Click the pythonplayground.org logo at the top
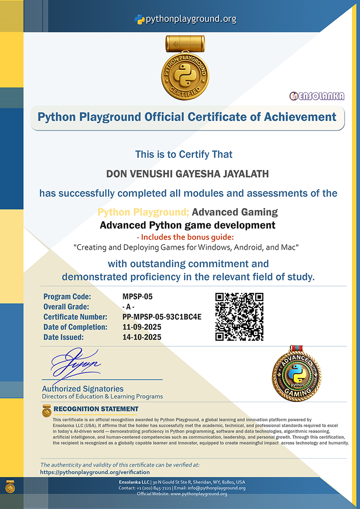[185, 19]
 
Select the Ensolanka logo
[317, 96]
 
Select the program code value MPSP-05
[137, 297]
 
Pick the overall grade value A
[129, 307]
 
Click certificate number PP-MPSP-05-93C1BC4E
[162, 317]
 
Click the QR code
[239, 316]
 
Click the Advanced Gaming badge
[297, 373]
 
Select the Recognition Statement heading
[96, 409]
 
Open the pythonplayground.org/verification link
[95, 472]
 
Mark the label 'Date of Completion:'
[75, 327]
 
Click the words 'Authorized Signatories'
[83, 388]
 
